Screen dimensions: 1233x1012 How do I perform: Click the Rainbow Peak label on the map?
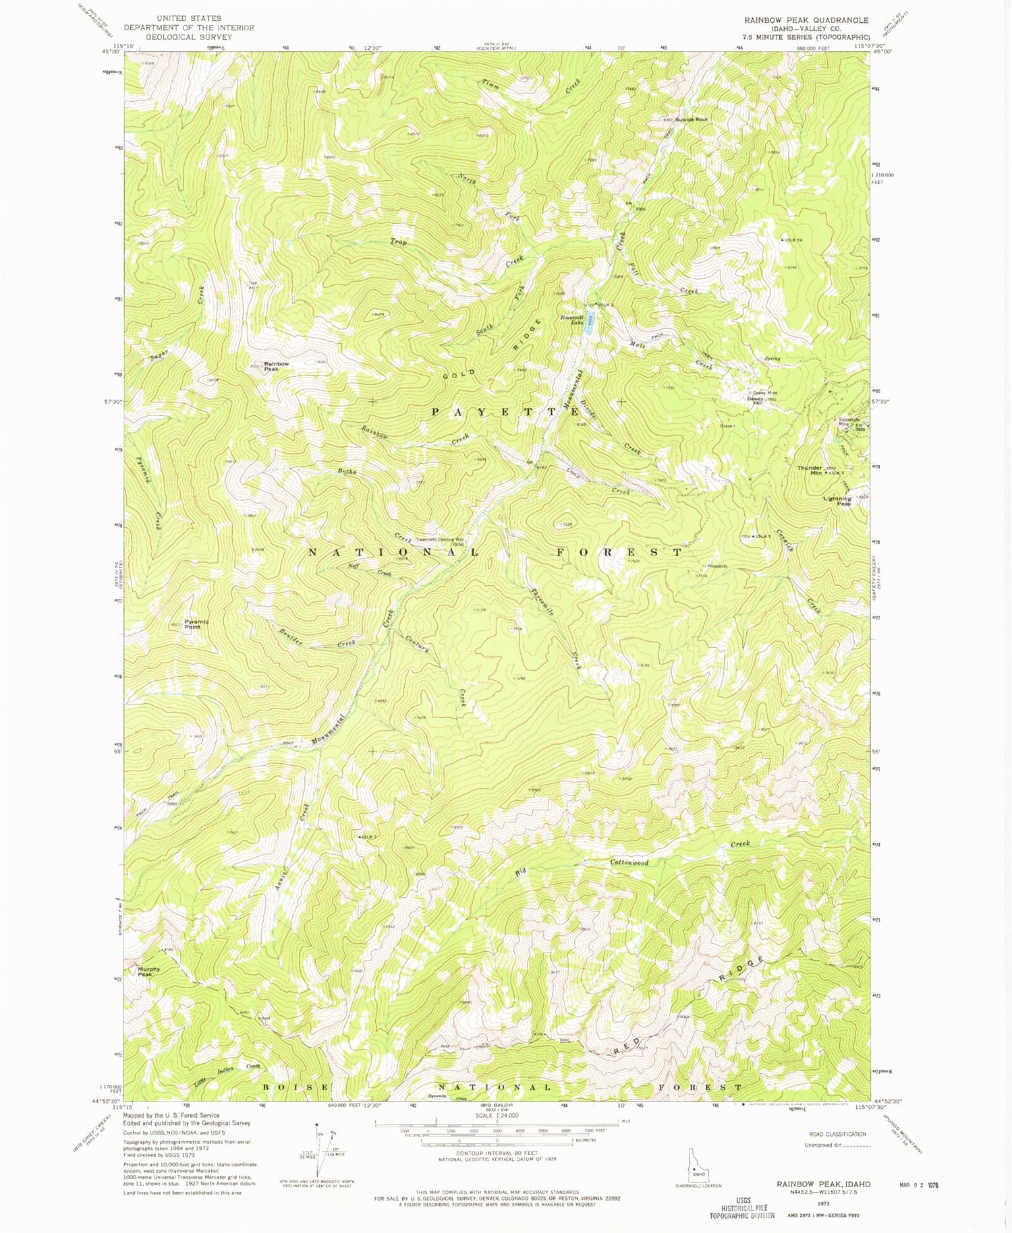[x=276, y=367]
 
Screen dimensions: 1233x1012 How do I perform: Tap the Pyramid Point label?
[x=196, y=624]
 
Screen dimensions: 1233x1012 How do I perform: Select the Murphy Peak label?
[x=149, y=971]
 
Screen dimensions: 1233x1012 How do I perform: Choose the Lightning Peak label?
[x=837, y=501]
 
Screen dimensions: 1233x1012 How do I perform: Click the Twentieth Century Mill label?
[x=440, y=541]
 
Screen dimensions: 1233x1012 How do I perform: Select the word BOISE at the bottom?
[x=296, y=1087]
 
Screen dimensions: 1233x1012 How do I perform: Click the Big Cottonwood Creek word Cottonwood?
[x=629, y=862]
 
